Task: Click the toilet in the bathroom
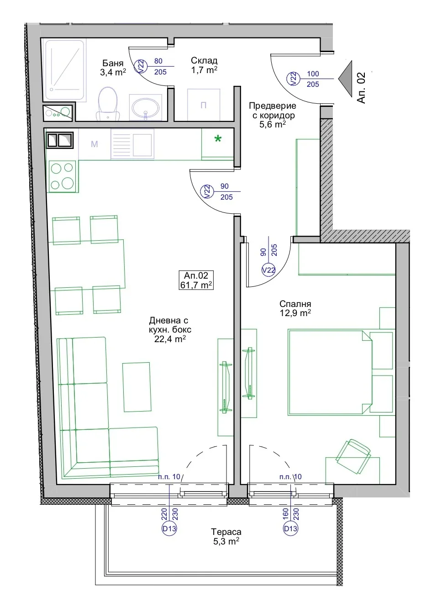pyautogui.click(x=108, y=104)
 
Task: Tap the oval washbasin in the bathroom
pyautogui.click(x=145, y=108)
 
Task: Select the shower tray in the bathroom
pyautogui.click(x=64, y=70)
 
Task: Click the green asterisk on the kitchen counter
pyautogui.click(x=218, y=139)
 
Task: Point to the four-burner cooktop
pyautogui.click(x=63, y=176)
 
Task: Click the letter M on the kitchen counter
pyautogui.click(x=95, y=144)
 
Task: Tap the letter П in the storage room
pyautogui.click(x=203, y=105)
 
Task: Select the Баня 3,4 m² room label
pyautogui.click(x=113, y=68)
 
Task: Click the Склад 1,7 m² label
pyautogui.click(x=204, y=65)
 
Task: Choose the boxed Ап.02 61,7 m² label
pyautogui.click(x=196, y=280)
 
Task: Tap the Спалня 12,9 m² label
pyautogui.click(x=295, y=308)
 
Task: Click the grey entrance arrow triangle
pyautogui.click(x=345, y=79)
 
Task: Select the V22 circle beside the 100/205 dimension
pyautogui.click(x=293, y=79)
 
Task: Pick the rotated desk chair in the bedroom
pyautogui.click(x=353, y=456)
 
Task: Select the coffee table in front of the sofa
pyautogui.click(x=137, y=387)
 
